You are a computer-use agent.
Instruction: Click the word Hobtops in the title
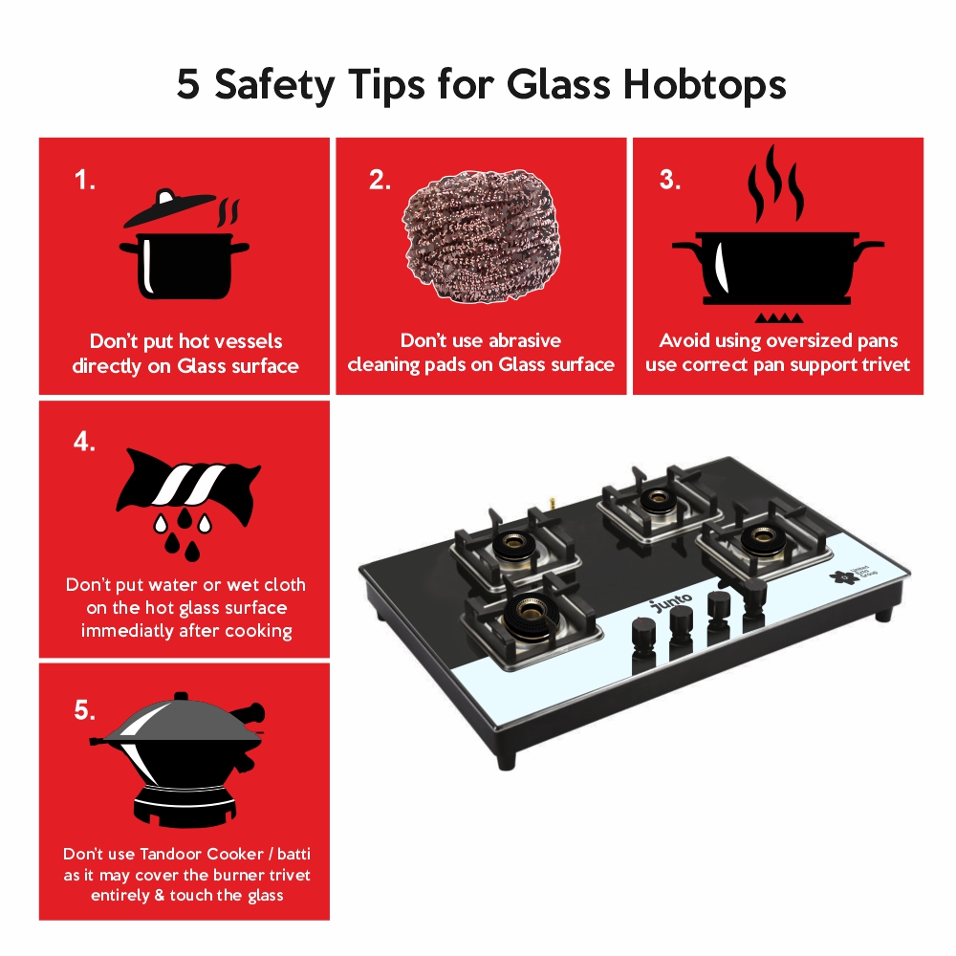705,84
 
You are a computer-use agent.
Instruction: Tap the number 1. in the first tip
85,180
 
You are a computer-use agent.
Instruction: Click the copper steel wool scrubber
481,236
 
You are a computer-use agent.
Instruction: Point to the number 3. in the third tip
670,180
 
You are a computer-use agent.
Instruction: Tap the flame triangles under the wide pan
778,317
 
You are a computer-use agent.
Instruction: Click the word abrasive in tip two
524,340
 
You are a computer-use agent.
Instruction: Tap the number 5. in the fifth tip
85,710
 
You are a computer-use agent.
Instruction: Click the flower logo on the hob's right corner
843,576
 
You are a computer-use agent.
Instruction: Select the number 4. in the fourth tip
85,442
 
